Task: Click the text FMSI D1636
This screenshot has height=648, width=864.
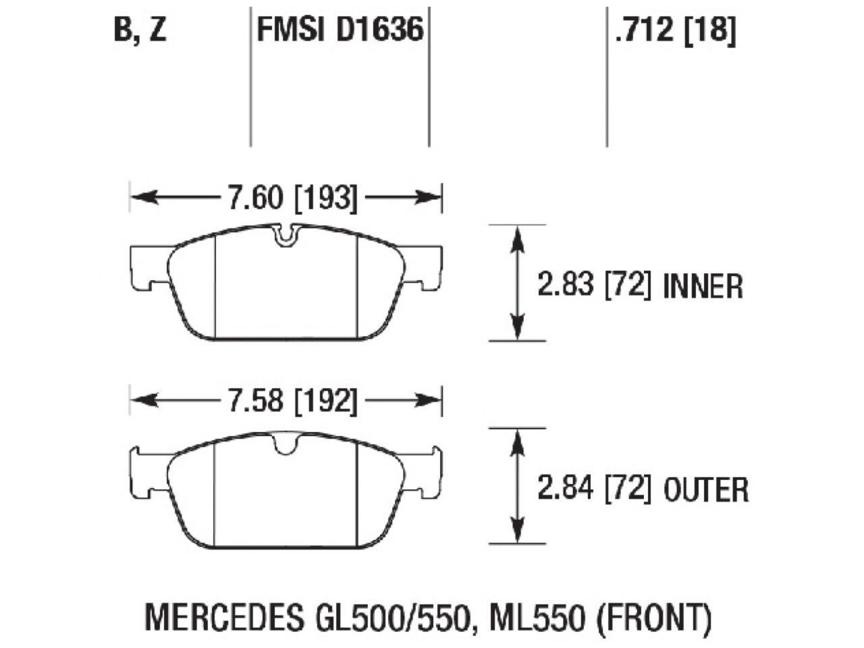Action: [x=340, y=30]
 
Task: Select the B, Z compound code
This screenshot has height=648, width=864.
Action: [x=140, y=30]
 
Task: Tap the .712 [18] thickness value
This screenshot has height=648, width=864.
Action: [x=674, y=30]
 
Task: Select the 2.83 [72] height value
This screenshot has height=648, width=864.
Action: [x=594, y=286]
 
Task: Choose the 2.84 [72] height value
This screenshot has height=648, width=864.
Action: [x=594, y=488]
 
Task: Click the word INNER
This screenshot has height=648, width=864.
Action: [x=703, y=287]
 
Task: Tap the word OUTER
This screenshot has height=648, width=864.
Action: [x=706, y=489]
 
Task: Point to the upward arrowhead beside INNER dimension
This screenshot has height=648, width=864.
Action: [x=517, y=236]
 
